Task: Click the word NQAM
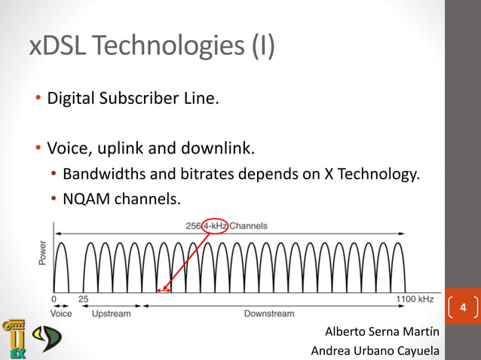click(86, 200)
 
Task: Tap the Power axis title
click(42, 252)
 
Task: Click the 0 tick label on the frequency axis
click(55, 299)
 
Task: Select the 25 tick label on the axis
click(84, 299)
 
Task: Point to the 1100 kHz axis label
click(415, 299)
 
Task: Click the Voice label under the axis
click(61, 313)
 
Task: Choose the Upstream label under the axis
click(111, 313)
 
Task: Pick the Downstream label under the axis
click(269, 313)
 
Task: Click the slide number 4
click(463, 307)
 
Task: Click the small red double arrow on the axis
click(164, 290)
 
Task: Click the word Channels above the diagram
click(248, 225)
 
